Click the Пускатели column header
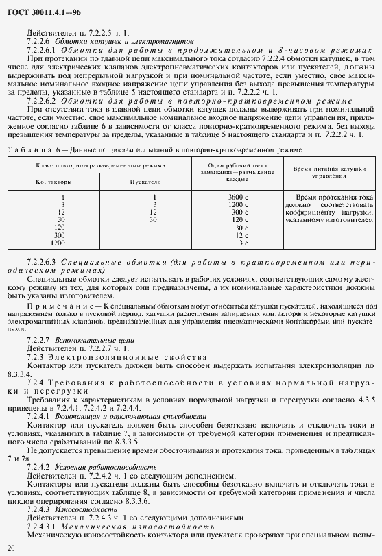[x=145, y=182]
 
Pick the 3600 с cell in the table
[x=238, y=197]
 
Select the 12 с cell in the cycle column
[x=238, y=235]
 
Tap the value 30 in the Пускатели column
[x=153, y=220]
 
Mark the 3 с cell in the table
[x=239, y=243]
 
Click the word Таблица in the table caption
[x=27, y=149]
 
